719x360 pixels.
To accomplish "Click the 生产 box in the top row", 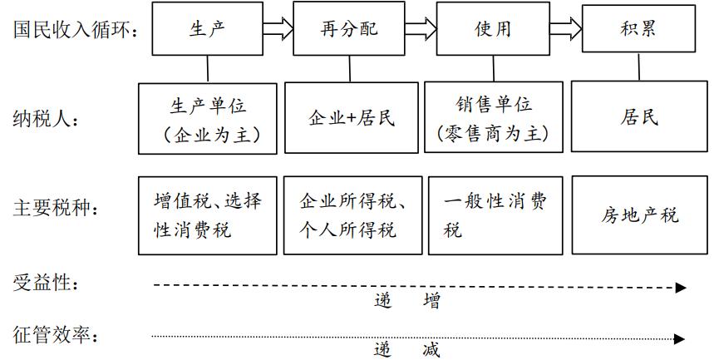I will pyautogui.click(x=208, y=29).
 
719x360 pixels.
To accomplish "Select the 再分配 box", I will pyautogui.click(x=348, y=29).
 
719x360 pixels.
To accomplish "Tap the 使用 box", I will pyautogui.click(x=492, y=29).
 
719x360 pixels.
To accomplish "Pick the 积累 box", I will pyautogui.click(x=638, y=29).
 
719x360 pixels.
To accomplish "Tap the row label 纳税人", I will pyautogui.click(x=47, y=120).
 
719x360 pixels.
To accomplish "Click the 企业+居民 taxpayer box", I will pyautogui.click(x=348, y=118).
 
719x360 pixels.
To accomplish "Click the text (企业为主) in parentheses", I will pyautogui.click(x=209, y=133).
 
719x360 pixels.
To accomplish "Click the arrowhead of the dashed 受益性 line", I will pyautogui.click(x=681, y=288).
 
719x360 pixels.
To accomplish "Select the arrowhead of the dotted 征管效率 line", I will pyautogui.click(x=680, y=338).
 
